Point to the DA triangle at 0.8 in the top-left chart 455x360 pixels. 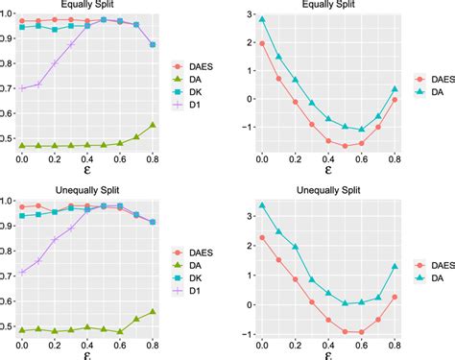click(x=153, y=125)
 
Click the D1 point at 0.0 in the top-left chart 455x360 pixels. click(x=22, y=88)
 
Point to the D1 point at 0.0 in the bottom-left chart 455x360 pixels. click(x=22, y=272)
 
